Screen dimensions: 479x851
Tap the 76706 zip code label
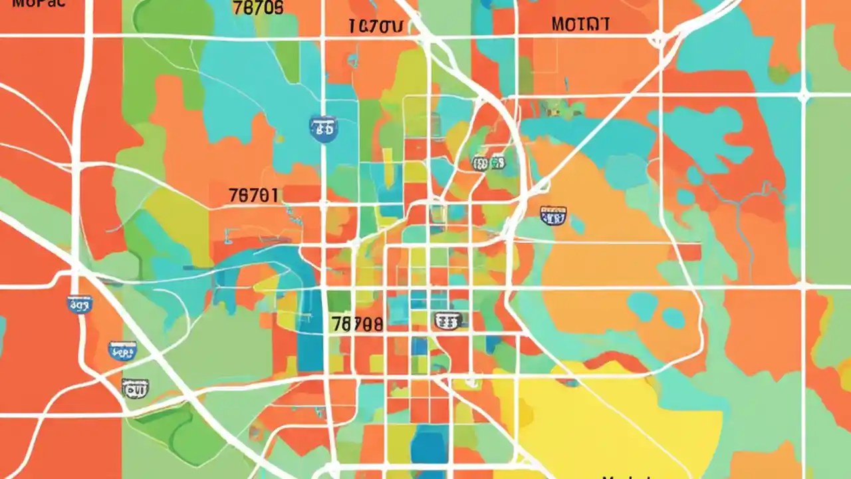click(x=259, y=7)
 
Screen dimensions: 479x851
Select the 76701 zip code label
click(x=253, y=196)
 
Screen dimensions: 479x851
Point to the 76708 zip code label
click(x=357, y=324)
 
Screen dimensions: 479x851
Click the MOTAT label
click(x=580, y=25)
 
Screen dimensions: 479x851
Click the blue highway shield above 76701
click(x=323, y=128)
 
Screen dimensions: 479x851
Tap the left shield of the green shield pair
click(x=479, y=163)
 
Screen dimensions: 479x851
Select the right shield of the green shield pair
click(x=497, y=162)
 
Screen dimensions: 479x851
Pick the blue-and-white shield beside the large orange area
click(x=553, y=215)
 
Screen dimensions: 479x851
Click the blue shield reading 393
click(x=80, y=305)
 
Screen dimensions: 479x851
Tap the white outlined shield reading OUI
click(x=135, y=387)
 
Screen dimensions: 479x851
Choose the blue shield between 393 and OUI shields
click(x=122, y=350)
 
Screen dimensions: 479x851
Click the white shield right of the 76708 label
click(x=448, y=321)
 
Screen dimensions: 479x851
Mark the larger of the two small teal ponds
click(x=642, y=306)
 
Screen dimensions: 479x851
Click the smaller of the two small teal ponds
click(x=673, y=318)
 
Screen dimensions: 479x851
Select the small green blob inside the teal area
click(x=779, y=73)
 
